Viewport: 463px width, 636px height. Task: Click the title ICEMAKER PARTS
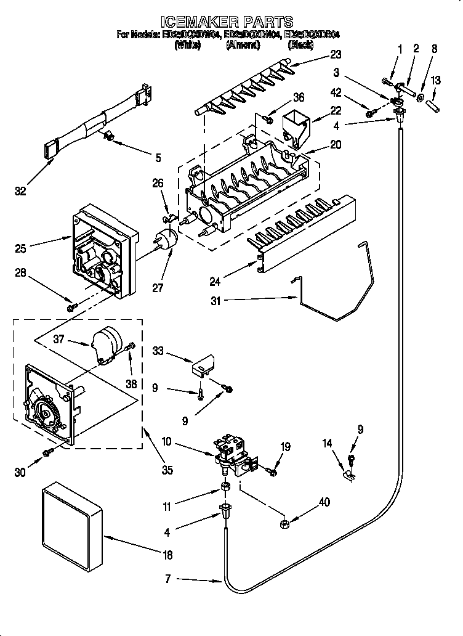tap(231, 22)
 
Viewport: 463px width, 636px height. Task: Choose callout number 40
tap(324, 502)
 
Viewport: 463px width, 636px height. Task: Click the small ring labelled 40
tap(284, 525)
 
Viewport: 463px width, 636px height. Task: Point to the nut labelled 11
tap(226, 489)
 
